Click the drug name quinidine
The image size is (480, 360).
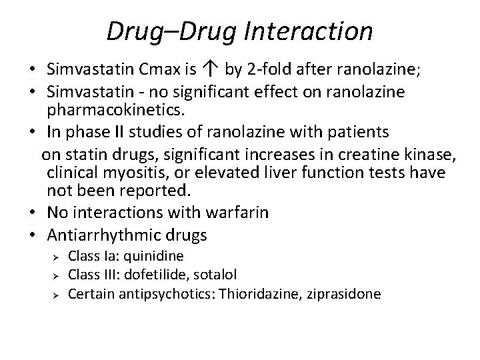click(x=159, y=255)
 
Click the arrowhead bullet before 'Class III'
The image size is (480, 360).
click(x=57, y=275)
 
